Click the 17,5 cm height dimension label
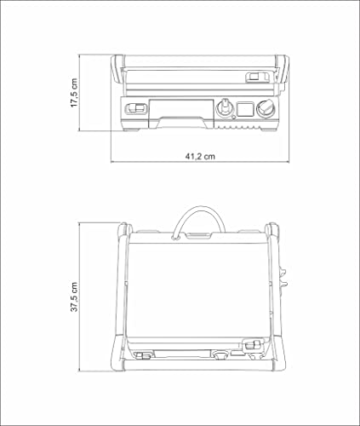75,93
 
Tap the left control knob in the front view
226,107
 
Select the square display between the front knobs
246,108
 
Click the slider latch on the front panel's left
134,107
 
